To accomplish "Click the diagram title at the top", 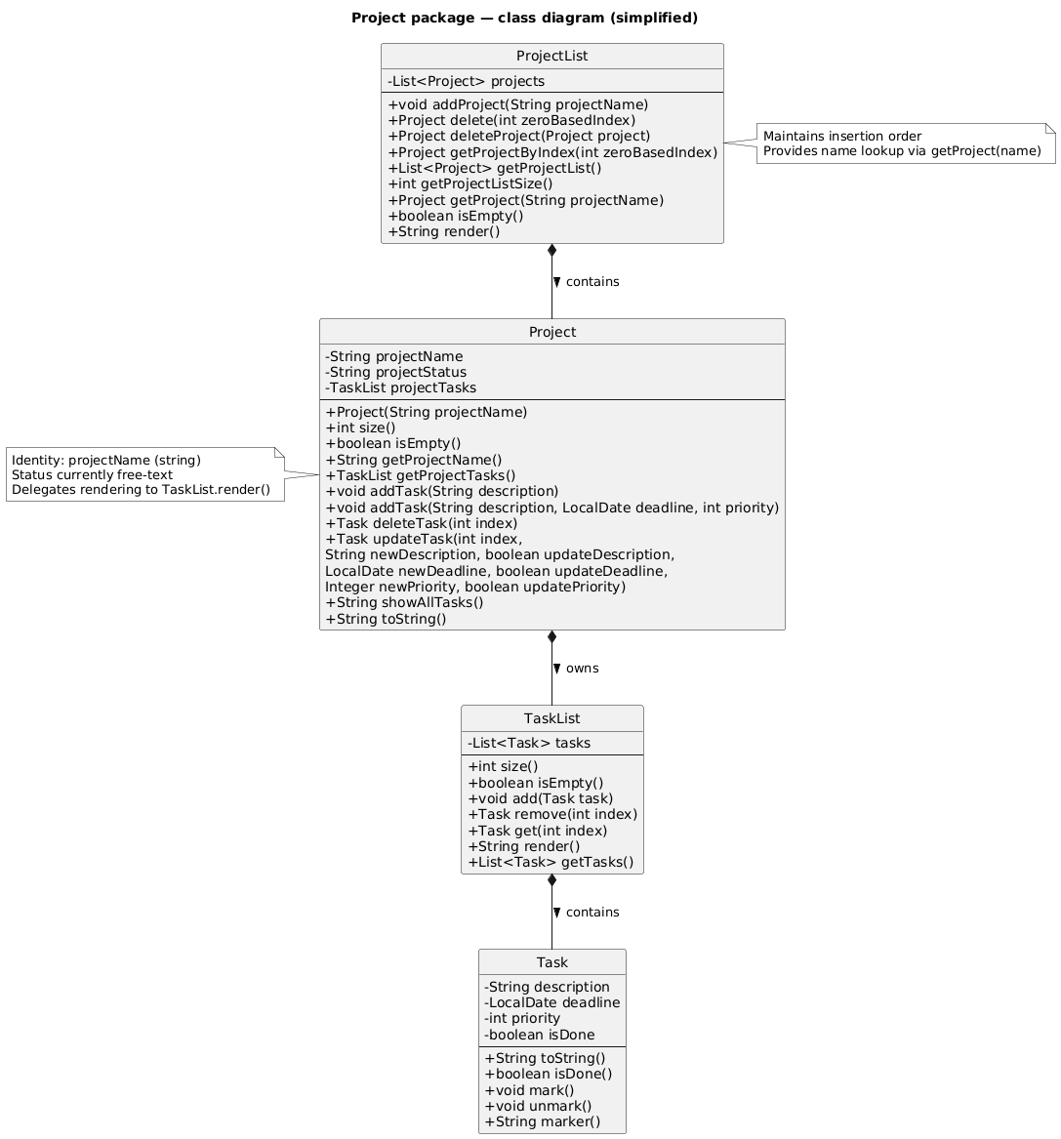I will (x=524, y=18).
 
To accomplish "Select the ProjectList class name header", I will (x=551, y=57).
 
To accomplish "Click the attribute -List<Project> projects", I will (x=466, y=81).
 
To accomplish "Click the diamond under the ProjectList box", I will (x=552, y=252).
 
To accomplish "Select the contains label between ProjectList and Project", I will (x=592, y=282).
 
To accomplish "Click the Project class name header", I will (x=551, y=332).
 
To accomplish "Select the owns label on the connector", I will (x=582, y=669).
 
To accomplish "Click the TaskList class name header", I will (x=551, y=718).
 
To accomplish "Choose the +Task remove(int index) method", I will (x=552, y=814).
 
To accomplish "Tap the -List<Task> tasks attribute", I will (x=528, y=743).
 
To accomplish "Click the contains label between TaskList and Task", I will (x=592, y=913).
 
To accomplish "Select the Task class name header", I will (x=551, y=962).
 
